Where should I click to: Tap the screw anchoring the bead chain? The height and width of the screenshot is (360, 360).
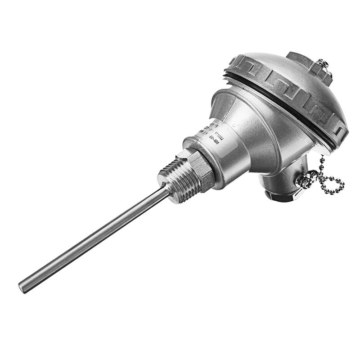[304, 181]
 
